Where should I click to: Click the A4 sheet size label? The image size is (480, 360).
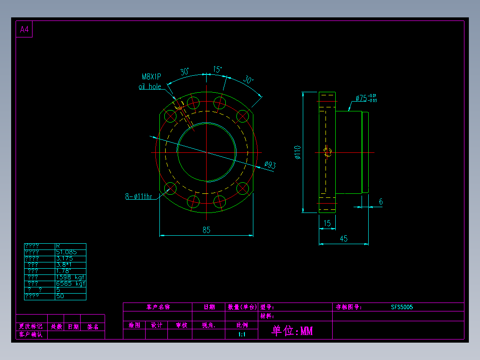pos(24,30)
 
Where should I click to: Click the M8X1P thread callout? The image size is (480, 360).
pos(151,77)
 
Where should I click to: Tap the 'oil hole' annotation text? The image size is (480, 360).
pos(150,86)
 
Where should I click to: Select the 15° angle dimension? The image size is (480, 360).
pos(217,70)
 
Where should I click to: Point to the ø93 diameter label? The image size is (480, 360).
pos(270,165)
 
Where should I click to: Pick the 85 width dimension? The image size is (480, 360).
pos(206,230)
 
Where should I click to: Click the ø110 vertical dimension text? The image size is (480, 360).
pos(297,152)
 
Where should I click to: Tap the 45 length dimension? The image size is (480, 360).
pos(344,239)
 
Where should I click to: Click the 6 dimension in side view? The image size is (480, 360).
pos(381,202)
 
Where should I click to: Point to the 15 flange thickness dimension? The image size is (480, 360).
pos(328,224)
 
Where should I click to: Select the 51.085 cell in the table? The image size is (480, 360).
pos(66,252)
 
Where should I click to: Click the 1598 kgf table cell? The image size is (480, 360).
pos(70,277)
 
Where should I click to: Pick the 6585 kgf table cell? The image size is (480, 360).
pos(70,283)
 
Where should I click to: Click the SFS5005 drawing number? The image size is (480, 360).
pos(402,307)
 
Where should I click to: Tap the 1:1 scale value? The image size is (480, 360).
pos(242,334)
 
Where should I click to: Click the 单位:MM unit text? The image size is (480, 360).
pos(292,331)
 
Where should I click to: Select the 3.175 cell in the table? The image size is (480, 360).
pos(65,258)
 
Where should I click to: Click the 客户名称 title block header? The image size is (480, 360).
pos(158,307)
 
